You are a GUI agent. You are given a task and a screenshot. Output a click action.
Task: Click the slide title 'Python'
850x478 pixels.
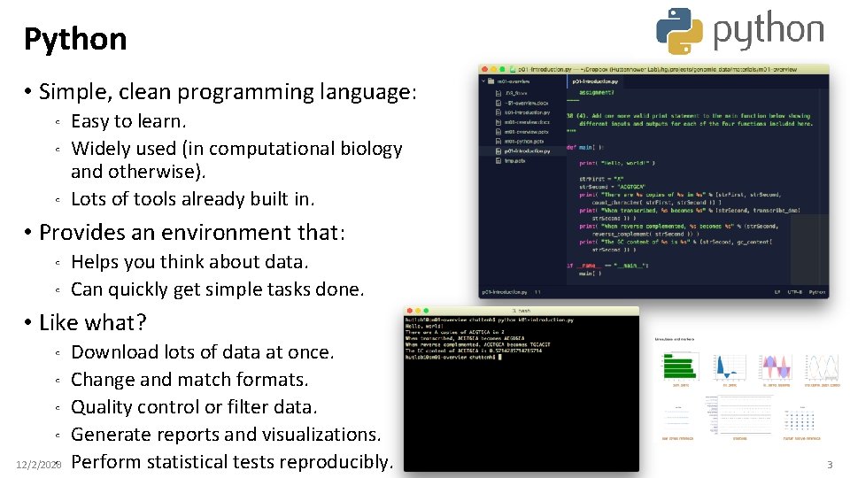point(75,39)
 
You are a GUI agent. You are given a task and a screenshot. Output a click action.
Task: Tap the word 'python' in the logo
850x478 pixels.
point(768,31)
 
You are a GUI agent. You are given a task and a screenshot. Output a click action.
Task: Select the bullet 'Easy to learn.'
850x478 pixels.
point(128,121)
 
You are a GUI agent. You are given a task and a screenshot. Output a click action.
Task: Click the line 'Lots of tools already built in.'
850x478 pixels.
point(192,199)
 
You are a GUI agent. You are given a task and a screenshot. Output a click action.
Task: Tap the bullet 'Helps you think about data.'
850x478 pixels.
point(189,262)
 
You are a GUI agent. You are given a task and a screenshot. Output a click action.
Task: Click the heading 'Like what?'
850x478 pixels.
point(93,322)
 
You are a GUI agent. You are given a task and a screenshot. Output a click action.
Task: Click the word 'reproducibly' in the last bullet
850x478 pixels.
point(336,462)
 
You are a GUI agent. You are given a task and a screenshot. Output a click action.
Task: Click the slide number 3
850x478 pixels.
point(829,465)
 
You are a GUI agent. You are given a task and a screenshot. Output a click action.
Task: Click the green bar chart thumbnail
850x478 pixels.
point(681,366)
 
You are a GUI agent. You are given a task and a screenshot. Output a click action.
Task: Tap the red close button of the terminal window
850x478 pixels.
point(408,312)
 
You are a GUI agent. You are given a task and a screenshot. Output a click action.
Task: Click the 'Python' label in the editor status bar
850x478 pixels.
point(816,291)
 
